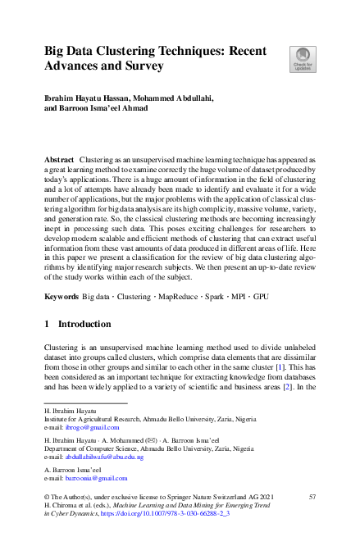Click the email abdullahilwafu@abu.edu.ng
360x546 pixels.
click(104, 457)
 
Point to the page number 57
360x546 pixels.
click(312, 497)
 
